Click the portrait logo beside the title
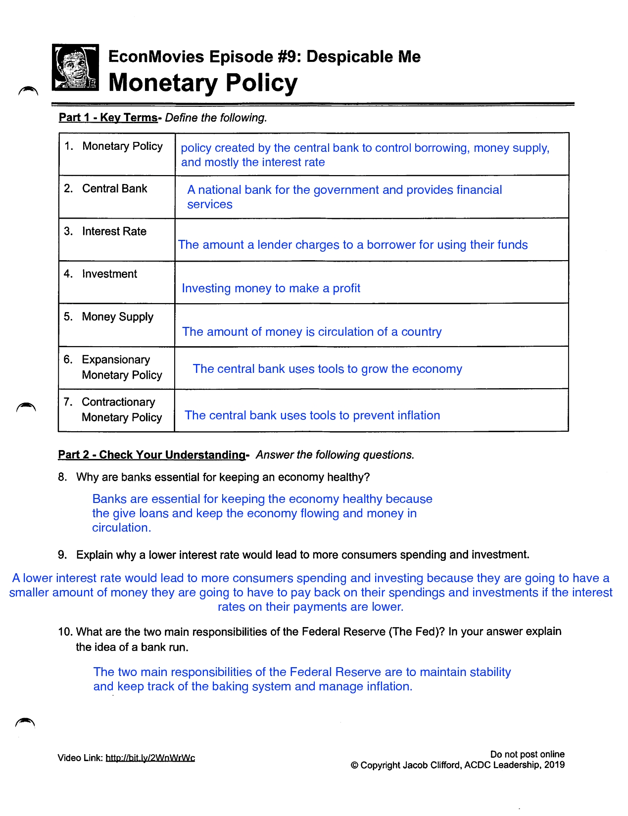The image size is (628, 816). pos(75,67)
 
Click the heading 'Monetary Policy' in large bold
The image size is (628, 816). pos(203,83)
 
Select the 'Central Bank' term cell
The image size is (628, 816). pos(114,189)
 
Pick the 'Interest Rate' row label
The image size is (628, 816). pos(114,231)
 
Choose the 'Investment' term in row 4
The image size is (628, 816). pos(109,274)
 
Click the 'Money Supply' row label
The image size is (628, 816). pos(117,317)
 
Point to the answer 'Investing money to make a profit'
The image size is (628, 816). pos(271,288)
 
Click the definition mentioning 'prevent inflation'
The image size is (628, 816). pos(312,415)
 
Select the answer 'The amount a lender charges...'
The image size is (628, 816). pos(353,245)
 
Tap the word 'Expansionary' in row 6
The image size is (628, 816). pos(116,360)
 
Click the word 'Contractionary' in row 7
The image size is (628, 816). pos(118,402)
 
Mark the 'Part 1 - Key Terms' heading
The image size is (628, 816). pos(108,118)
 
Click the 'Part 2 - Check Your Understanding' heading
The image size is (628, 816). pos(152,455)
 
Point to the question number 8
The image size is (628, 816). pos(62,477)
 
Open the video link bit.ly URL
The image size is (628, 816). pos(150,758)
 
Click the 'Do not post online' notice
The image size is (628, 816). pos(527,754)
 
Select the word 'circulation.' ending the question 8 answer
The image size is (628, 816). pos(122,528)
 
